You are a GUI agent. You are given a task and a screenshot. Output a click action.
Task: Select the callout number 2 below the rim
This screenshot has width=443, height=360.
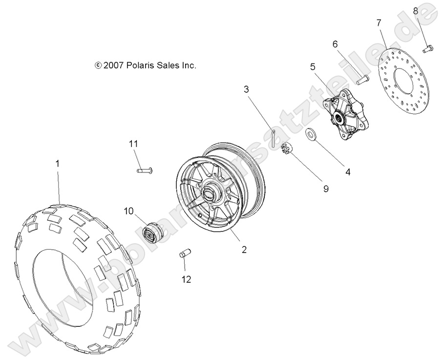[244, 249]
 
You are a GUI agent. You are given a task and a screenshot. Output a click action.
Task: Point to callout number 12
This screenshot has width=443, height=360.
[186, 279]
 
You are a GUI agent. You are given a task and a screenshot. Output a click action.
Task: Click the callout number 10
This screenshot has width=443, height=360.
[128, 211]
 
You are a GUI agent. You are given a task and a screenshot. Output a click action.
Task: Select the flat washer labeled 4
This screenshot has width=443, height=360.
[311, 134]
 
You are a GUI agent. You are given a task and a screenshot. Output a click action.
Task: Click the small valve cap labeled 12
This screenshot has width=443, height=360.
[185, 254]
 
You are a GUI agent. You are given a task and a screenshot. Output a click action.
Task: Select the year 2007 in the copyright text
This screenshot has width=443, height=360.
[114, 65]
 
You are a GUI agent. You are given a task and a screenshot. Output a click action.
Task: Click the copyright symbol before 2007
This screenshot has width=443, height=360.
[98, 65]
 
